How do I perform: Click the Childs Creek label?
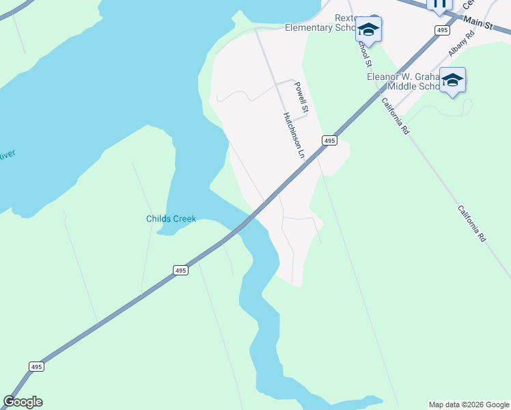click(171, 219)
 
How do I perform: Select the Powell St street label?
click(302, 98)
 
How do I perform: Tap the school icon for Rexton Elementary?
click(368, 29)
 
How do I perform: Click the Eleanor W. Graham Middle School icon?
click(452, 81)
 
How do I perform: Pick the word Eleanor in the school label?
click(386, 77)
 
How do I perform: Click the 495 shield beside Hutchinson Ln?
click(329, 140)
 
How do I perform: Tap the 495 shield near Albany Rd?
click(442, 30)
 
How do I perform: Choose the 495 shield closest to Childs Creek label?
click(180, 271)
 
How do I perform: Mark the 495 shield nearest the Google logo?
click(37, 367)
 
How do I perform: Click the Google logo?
click(23, 402)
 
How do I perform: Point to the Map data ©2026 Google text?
click(468, 405)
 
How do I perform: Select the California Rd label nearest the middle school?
click(395, 115)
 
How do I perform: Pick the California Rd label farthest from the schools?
click(471, 223)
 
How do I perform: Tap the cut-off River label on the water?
click(7, 155)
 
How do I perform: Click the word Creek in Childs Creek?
click(184, 219)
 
